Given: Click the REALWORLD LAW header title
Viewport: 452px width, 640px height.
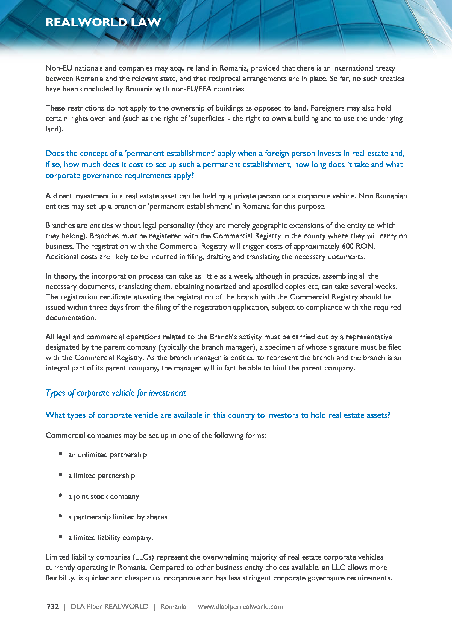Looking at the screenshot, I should tap(103, 22).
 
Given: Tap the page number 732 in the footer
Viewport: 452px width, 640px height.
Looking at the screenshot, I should tap(52, 606).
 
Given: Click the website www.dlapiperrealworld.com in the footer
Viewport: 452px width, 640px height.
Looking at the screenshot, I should tap(240, 606).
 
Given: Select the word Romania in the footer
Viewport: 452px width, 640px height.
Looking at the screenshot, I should tap(173, 606).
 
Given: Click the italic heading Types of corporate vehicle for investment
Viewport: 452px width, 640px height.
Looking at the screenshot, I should tap(116, 393).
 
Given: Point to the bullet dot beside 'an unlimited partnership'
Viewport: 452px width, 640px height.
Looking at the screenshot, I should tap(60, 454).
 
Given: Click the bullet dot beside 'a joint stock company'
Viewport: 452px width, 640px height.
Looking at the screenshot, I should tap(60, 495).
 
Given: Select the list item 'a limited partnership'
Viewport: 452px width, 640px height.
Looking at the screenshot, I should tap(101, 476).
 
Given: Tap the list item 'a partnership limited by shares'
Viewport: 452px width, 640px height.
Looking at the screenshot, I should tap(118, 517).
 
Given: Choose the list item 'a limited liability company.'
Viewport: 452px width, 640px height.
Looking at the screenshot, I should tap(110, 537).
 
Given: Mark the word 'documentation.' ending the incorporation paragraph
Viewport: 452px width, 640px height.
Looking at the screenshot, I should tap(71, 318).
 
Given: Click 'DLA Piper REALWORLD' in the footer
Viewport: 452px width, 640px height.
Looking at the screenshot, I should tap(109, 606).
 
